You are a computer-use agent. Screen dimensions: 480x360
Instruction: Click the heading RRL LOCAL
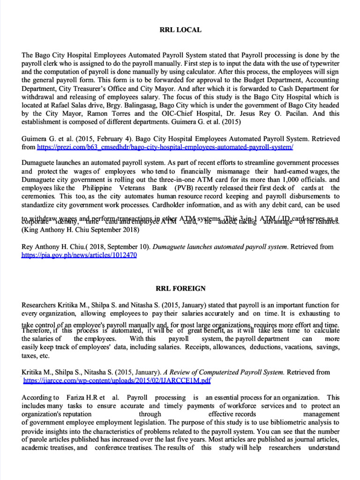180,30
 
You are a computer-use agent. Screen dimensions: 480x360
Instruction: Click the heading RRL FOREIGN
180,288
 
